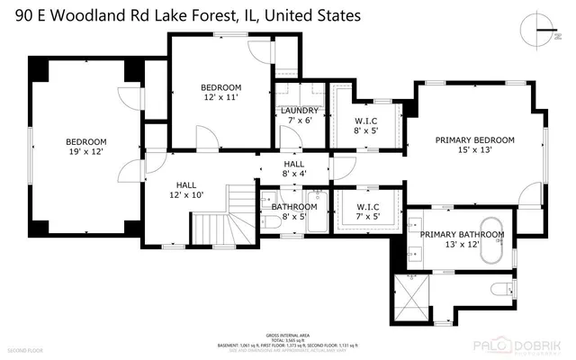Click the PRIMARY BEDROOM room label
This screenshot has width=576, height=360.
(x=474, y=139)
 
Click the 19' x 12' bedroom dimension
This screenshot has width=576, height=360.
(x=85, y=154)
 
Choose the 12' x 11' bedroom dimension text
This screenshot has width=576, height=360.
(x=220, y=97)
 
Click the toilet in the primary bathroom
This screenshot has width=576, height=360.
(x=505, y=289)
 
